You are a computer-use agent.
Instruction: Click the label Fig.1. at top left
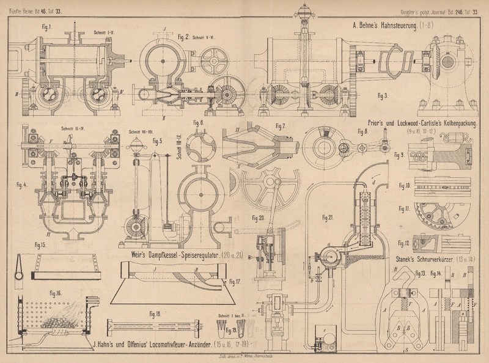click(x=46, y=27)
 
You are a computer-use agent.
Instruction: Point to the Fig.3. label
click(x=383, y=96)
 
